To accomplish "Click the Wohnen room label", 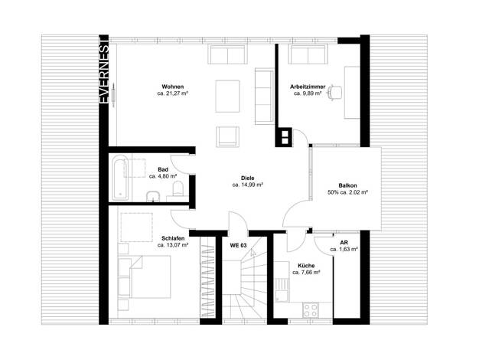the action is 173,87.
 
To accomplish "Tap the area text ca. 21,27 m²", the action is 173,93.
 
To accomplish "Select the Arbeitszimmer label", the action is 308,87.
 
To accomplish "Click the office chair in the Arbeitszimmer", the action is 335,93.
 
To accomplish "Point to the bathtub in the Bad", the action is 119,178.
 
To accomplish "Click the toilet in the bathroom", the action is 178,188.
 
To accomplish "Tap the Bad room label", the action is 163,169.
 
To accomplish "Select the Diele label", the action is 247,178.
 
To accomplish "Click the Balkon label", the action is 347,185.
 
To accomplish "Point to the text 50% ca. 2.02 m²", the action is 347,192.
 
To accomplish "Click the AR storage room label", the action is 344,243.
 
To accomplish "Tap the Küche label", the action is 306,266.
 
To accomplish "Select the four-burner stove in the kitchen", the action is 311,310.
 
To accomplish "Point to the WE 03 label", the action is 238,245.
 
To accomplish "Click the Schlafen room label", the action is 173,238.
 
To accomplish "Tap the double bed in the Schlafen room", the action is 144,277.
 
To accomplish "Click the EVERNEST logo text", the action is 104,70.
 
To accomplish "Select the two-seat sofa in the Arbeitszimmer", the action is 308,54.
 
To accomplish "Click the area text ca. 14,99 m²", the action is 248,185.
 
